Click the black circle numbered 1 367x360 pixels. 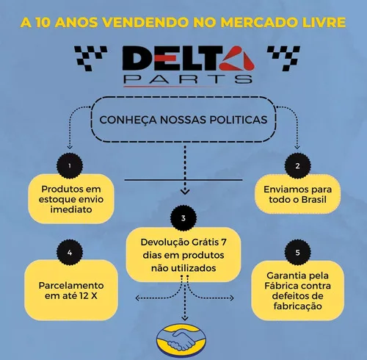pyautogui.click(x=70, y=166)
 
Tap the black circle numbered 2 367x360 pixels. pyautogui.click(x=297, y=166)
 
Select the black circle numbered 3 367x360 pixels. pyautogui.click(x=183, y=218)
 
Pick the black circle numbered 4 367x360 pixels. pyautogui.click(x=70, y=253)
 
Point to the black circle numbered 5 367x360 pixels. pyautogui.click(x=297, y=253)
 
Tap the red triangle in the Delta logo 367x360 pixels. pyautogui.click(x=237, y=58)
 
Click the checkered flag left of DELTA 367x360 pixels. pyautogui.click(x=90, y=58)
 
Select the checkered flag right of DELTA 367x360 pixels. pyautogui.click(x=283, y=58)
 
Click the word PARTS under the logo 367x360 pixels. pyautogui.click(x=188, y=79)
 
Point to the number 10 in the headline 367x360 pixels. pyautogui.click(x=43, y=23)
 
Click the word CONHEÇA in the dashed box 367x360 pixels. pyautogui.click(x=128, y=120)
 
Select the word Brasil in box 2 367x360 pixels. pyautogui.click(x=314, y=200)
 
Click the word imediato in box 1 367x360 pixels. pyautogui.click(x=71, y=209)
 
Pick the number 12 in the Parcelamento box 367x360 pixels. pyautogui.click(x=84, y=296)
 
